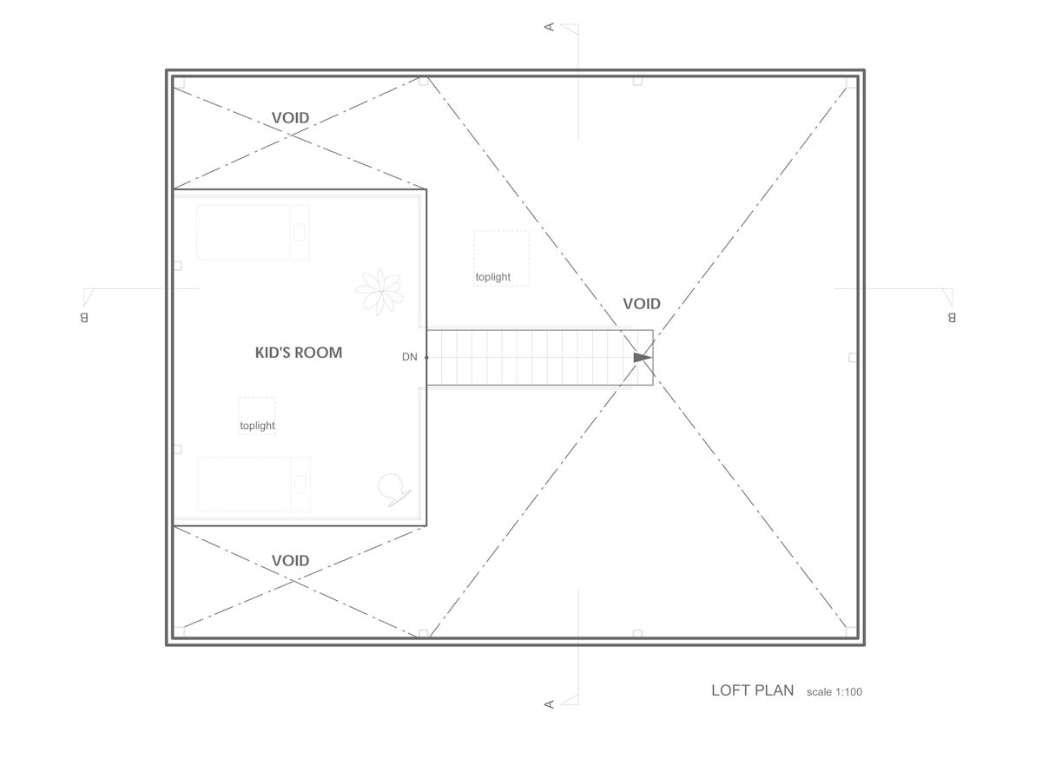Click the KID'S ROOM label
(x=298, y=353)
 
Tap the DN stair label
(x=410, y=357)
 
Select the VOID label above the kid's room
(x=290, y=118)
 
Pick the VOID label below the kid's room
(x=290, y=560)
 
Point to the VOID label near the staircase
(x=642, y=304)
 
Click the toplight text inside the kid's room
(x=257, y=426)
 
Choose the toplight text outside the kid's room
(x=493, y=278)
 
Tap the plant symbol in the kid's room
(x=379, y=291)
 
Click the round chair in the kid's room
(x=392, y=487)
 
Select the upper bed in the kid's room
(x=253, y=232)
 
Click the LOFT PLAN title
(x=752, y=691)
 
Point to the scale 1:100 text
(x=834, y=692)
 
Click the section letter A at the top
(x=549, y=28)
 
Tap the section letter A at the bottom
(x=549, y=703)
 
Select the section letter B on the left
(x=84, y=317)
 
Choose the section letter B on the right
(x=951, y=317)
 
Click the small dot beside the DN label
(x=426, y=357)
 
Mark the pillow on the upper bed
(x=300, y=232)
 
